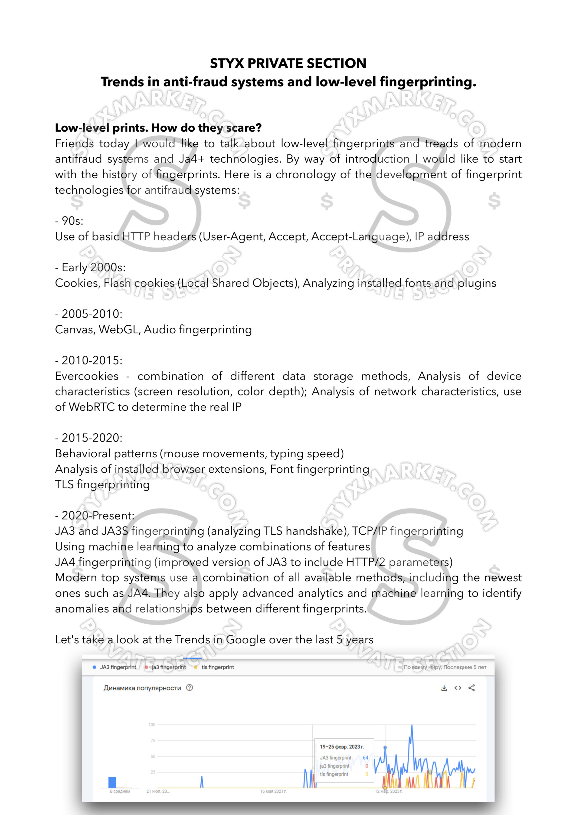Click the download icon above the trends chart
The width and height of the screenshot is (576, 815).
coord(444,688)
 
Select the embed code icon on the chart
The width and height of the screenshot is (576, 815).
coord(458,688)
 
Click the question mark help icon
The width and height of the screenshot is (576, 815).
coord(190,687)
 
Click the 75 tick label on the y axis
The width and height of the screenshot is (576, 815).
coord(153,740)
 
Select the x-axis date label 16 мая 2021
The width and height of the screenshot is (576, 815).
coord(273,791)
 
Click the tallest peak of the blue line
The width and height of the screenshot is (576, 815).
coord(412,726)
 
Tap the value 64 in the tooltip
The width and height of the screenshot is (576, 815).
coord(365,757)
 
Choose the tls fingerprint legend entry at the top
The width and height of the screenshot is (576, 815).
coord(217,667)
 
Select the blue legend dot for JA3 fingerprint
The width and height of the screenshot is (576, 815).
coord(94,667)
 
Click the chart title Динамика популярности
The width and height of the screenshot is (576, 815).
coord(142,688)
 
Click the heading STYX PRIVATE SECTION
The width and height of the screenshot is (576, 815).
coord(288,63)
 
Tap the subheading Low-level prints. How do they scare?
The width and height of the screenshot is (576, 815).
coord(158,128)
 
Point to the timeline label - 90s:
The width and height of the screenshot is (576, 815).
coord(69,221)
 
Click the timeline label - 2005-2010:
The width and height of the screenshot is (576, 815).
coord(89,314)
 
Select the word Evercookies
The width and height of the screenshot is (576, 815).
coord(87,376)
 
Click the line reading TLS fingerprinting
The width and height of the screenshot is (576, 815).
coord(102,484)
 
